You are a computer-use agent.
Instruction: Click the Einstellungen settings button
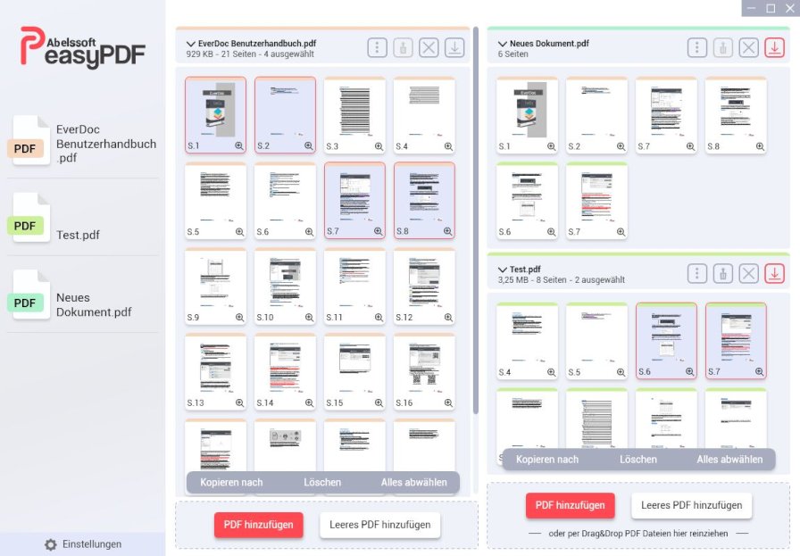click(x=83, y=544)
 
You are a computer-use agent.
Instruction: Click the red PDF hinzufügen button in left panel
click(x=259, y=525)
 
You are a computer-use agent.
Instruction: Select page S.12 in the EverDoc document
click(x=424, y=284)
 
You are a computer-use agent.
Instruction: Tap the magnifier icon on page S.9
click(x=239, y=317)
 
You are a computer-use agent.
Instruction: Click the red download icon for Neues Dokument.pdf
click(x=774, y=48)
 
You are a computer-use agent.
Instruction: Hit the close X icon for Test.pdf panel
click(x=748, y=274)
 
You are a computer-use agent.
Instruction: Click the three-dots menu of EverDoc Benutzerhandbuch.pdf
click(x=377, y=48)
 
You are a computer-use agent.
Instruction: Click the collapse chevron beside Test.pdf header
click(x=503, y=269)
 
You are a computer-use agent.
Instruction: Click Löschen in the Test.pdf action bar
click(x=638, y=460)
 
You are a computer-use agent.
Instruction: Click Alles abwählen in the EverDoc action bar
click(x=414, y=483)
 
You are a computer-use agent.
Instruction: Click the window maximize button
click(x=771, y=8)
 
